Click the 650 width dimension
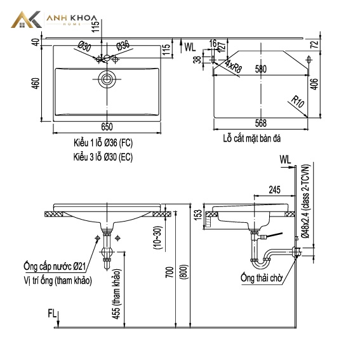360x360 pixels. tap(107, 127)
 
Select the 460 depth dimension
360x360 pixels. tap(36, 84)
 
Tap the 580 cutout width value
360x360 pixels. tap(261, 69)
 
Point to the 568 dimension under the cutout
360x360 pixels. tap(261, 123)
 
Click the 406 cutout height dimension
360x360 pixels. tap(314, 84)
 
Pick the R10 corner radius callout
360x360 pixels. tap(298, 102)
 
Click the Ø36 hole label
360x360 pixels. tap(123, 46)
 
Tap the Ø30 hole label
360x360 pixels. tap(84, 46)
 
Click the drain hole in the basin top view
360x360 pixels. tap(107, 79)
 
